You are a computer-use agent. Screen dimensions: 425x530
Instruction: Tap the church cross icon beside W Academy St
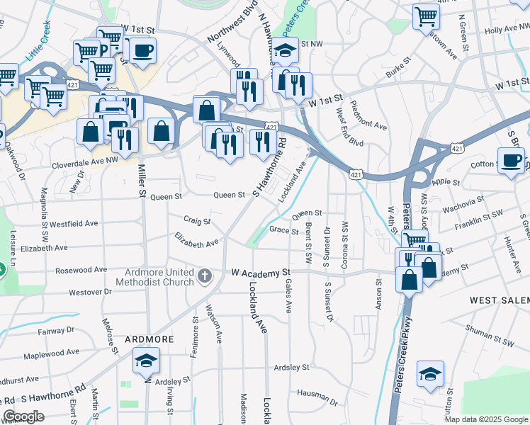(205, 276)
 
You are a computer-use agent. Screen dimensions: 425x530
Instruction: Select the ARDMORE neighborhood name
(150, 339)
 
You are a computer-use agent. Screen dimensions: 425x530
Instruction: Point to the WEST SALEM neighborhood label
(499, 300)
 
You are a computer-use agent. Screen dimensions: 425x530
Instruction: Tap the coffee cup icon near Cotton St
(511, 160)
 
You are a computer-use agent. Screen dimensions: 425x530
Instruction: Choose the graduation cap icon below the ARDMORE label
(146, 362)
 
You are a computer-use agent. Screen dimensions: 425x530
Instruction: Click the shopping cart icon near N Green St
(427, 15)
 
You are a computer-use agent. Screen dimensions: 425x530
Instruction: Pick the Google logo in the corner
(24, 416)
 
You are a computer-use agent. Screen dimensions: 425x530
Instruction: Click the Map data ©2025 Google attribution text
(485, 419)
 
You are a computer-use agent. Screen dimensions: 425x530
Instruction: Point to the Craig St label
(198, 221)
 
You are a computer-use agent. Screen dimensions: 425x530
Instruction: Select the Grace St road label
(283, 230)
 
